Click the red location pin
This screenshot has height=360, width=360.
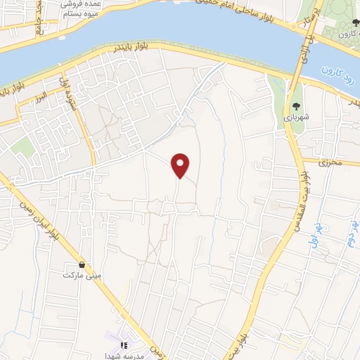pos(181,165)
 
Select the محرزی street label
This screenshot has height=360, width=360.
pos(328,163)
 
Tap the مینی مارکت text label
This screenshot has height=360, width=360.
pos(83,276)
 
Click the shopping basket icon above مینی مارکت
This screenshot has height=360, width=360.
pos(83,265)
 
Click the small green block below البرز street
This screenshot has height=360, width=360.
pos(22,147)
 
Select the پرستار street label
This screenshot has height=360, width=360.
pos(316,18)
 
